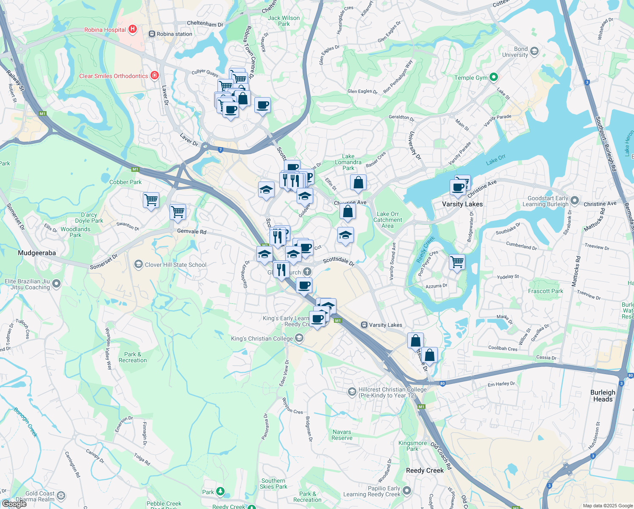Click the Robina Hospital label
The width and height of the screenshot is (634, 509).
(105, 30)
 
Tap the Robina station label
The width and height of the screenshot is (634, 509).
(174, 34)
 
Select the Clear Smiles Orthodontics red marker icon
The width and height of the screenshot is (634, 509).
(155, 76)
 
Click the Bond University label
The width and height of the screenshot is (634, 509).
(515, 52)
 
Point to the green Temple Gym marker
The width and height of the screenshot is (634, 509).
(493, 77)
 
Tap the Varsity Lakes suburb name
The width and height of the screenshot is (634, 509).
(462, 204)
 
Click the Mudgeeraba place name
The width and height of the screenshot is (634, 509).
(37, 253)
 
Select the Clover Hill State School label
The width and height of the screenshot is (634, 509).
(175, 265)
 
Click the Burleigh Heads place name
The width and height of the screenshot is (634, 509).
(603, 396)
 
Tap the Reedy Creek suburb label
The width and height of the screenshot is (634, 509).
(425, 470)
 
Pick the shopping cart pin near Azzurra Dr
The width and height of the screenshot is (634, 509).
(457, 262)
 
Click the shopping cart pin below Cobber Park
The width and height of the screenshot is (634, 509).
(151, 199)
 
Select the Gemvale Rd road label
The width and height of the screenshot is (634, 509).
(192, 232)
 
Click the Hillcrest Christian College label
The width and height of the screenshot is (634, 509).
(392, 392)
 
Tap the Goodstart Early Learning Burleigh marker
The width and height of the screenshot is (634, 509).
(574, 200)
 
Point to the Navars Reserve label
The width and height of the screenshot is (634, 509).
(342, 435)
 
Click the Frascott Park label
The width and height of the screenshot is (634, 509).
(545, 291)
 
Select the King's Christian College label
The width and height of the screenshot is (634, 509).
(262, 338)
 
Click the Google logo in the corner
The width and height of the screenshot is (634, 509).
(14, 504)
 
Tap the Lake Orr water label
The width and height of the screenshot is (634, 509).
(495, 159)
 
